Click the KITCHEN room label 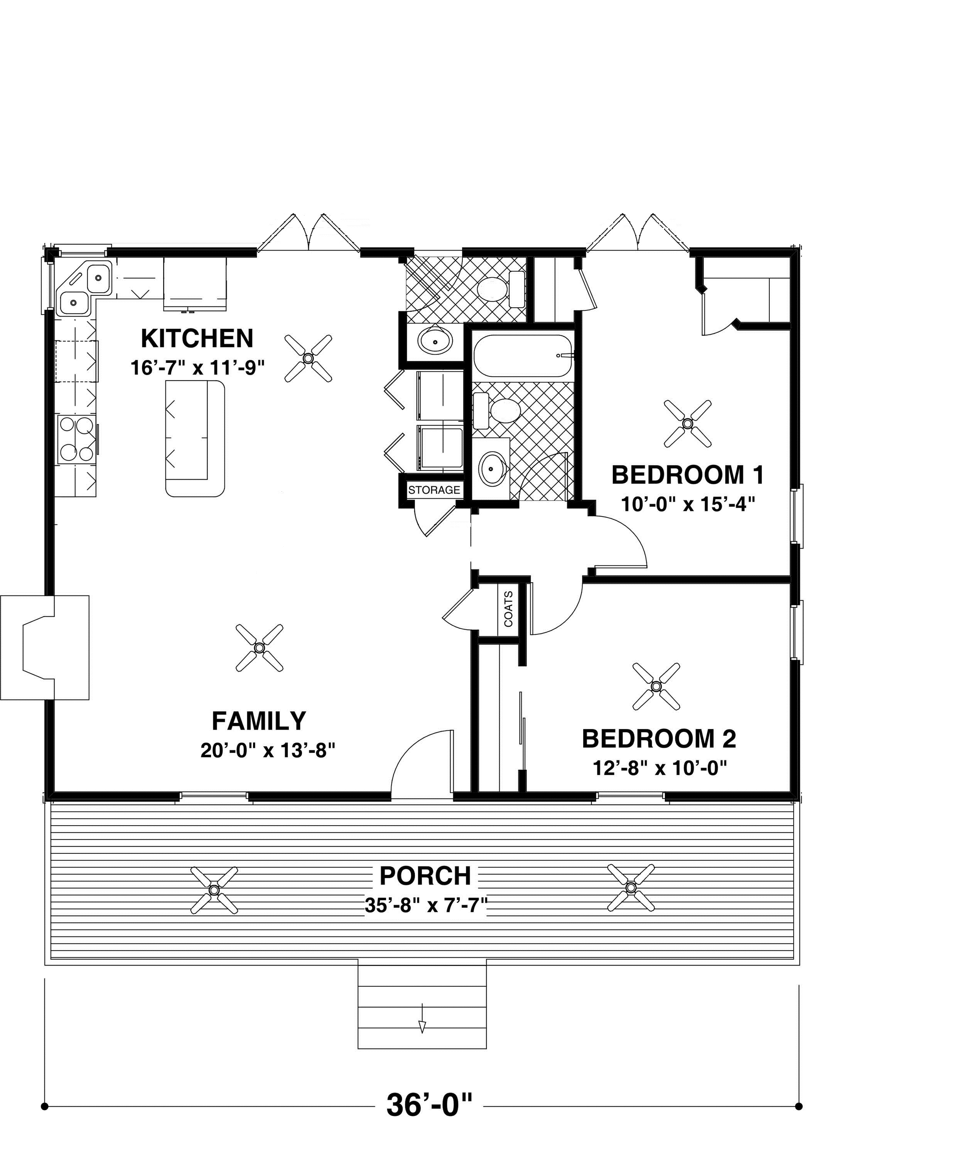point(197,339)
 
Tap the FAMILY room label point(259,721)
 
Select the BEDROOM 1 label point(687,475)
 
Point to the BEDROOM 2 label point(659,738)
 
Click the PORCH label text point(425,876)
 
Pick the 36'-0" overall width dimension point(429,1105)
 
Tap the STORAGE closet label point(434,490)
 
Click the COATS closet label point(508,609)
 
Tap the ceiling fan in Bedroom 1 point(687,423)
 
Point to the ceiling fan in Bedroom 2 point(656,686)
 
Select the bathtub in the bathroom point(523,356)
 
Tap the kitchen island point(196,439)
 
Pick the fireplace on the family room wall point(44,647)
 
